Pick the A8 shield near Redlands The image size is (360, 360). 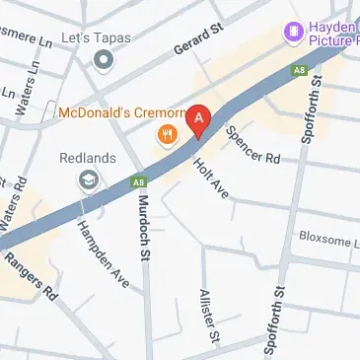[140, 181]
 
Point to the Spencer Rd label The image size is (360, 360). [253, 143]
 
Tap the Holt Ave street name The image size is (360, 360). [210, 178]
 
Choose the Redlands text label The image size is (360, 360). [89, 158]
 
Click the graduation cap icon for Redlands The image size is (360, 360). [89, 180]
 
